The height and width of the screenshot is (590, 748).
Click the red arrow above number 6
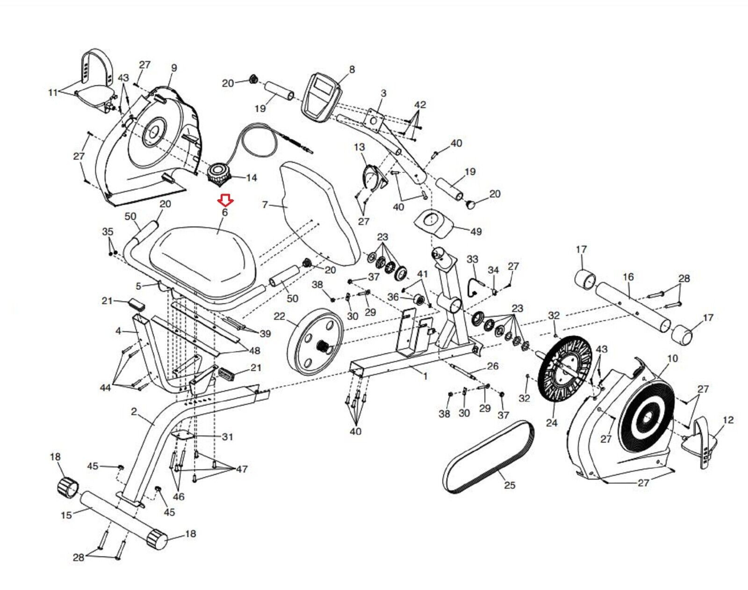click(x=226, y=201)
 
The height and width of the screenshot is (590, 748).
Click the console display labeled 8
click(x=321, y=96)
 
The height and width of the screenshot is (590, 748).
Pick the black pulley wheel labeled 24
click(x=565, y=370)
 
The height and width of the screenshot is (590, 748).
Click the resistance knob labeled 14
click(x=218, y=173)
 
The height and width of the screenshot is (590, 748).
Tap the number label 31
click(x=227, y=437)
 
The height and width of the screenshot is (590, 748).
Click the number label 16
click(x=628, y=277)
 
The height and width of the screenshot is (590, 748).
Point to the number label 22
click(x=279, y=317)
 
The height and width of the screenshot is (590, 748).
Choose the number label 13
click(x=359, y=147)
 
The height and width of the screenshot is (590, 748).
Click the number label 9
click(x=174, y=68)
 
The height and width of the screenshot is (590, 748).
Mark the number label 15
click(x=66, y=515)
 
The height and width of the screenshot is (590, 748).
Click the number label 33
click(x=472, y=259)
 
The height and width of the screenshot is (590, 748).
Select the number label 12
click(x=728, y=420)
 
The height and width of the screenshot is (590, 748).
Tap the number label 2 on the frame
click(x=134, y=412)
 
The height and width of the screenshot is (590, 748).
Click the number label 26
click(x=493, y=366)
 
